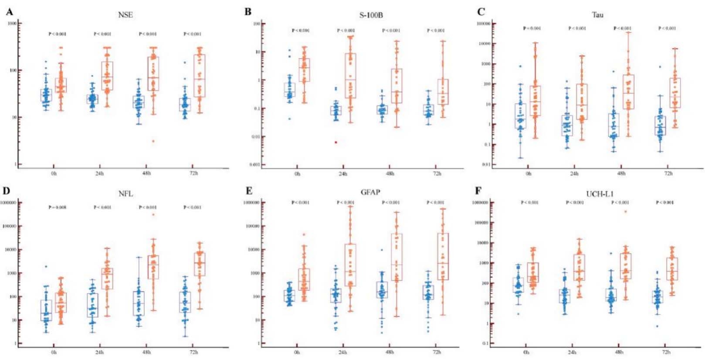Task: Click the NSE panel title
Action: tap(125, 15)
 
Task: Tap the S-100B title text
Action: tap(371, 15)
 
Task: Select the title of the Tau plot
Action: tap(597, 15)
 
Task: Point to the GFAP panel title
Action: tap(370, 192)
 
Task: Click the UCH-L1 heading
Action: tap(600, 194)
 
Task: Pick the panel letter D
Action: tap(7, 190)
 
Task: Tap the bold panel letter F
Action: tap(478, 190)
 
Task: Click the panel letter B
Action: tap(248, 12)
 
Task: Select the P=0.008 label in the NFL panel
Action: tap(57, 207)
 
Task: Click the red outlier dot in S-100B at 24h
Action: tap(336, 142)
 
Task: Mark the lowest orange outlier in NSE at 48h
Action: tap(153, 141)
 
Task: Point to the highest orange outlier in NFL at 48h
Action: tap(153, 214)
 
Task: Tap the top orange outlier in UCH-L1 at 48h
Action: tap(626, 211)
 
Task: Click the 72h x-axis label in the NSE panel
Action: tap(193, 173)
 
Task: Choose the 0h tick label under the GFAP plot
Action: tap(297, 352)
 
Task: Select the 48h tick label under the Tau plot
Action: tap(621, 173)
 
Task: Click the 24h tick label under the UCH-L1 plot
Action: tap(572, 352)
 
